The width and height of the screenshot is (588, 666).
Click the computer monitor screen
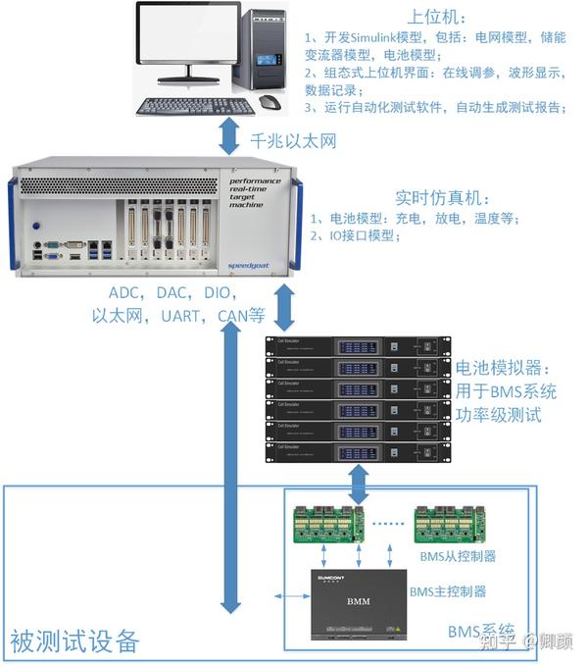(x=187, y=41)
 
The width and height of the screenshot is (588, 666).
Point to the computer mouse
(x=269, y=102)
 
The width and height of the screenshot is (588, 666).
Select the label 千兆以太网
(x=294, y=141)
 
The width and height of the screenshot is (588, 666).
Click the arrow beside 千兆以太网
(x=229, y=139)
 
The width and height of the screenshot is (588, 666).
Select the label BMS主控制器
(x=447, y=590)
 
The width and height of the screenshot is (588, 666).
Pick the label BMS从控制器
(x=457, y=556)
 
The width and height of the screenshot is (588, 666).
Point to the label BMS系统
(x=486, y=630)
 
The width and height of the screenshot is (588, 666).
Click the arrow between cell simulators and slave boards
(x=360, y=484)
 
